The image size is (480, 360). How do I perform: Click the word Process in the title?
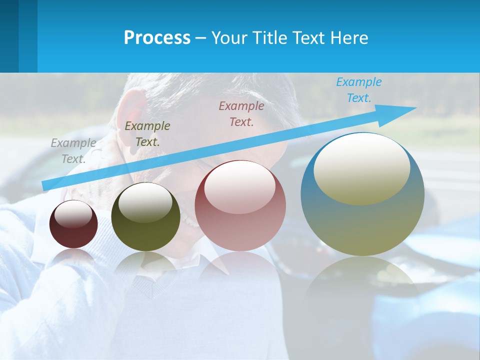point(157,38)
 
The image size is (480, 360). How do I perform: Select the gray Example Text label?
point(73,151)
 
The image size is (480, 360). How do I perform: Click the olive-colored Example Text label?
point(147,134)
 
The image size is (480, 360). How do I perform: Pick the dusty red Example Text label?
point(241,113)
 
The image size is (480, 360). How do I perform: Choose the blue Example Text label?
point(359,90)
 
